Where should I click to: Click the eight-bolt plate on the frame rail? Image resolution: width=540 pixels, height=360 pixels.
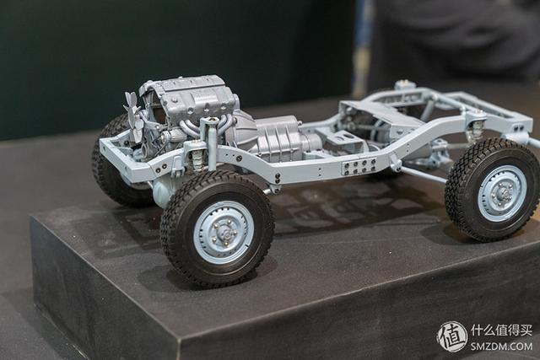tap(359, 167)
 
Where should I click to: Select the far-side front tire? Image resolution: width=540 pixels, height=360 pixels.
tap(114, 162)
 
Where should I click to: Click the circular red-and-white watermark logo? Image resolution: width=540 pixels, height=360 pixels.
tap(452, 336)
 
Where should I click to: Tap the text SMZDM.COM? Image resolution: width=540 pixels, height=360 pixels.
tap(501, 346)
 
